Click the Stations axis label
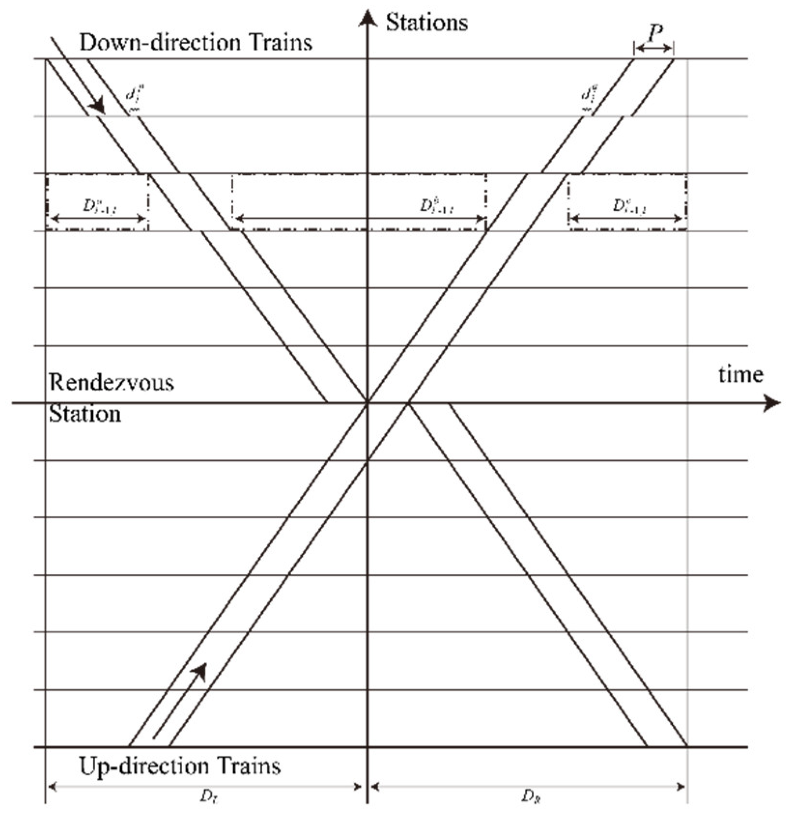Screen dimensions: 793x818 [426, 23]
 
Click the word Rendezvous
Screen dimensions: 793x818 [111, 383]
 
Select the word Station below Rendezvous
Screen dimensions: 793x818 [85, 414]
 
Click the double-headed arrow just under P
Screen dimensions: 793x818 [653, 48]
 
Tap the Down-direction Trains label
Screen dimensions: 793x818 [196, 42]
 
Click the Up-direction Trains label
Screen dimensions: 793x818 [180, 766]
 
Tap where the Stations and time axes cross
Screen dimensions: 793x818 [368, 402]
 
